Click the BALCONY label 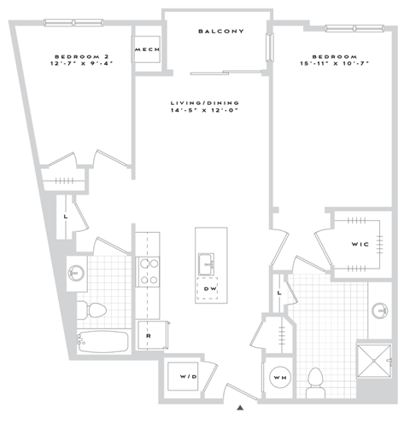221,32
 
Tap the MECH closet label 143,49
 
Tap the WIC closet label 359,244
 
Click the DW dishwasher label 209,288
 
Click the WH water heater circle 280,377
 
